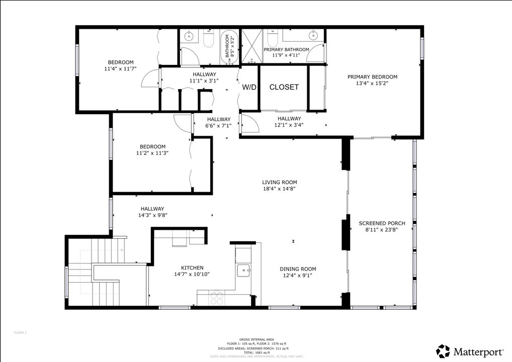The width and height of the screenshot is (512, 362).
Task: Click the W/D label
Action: point(249,87)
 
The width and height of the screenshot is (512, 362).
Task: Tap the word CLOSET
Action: point(284,87)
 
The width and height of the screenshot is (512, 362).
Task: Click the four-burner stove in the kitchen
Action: point(217,298)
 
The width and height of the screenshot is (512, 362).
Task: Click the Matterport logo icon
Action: point(443,350)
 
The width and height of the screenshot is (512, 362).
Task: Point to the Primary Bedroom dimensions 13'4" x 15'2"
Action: point(372,83)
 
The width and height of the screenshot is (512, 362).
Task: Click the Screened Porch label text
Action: point(382,223)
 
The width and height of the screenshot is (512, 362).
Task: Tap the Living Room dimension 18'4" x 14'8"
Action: point(279,189)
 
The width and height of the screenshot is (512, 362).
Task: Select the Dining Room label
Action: point(298,269)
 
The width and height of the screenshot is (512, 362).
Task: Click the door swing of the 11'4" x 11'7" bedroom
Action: point(149,79)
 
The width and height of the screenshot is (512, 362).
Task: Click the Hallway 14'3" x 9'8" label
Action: point(152,209)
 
